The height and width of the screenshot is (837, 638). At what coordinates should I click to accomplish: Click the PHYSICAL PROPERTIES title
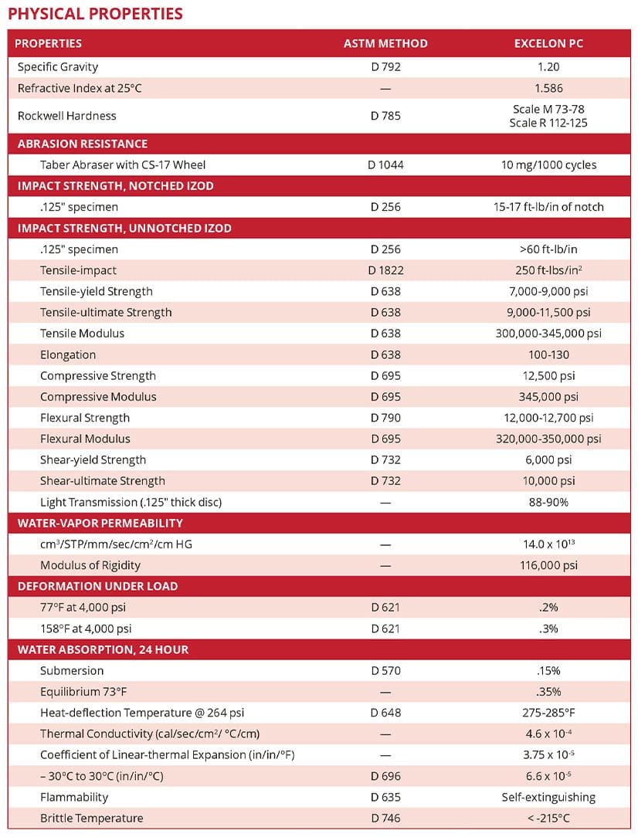(x=96, y=14)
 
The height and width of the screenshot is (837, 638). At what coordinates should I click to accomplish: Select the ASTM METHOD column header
(x=385, y=43)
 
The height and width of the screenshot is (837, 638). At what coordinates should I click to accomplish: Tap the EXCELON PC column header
(x=548, y=43)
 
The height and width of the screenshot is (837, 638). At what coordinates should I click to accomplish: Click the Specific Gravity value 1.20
(x=548, y=67)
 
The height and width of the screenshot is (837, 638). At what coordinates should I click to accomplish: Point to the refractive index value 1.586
(x=548, y=88)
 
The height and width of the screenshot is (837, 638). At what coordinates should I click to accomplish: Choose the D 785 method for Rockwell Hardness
(x=385, y=116)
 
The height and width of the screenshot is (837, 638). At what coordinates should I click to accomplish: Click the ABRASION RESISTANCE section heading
(x=83, y=144)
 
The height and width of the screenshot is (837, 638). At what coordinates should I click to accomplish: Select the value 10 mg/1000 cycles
(x=548, y=164)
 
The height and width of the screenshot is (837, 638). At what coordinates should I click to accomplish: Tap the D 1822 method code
(x=385, y=270)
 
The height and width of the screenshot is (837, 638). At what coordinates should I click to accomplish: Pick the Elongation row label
(x=68, y=355)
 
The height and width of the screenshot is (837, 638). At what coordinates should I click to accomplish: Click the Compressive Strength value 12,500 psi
(x=548, y=376)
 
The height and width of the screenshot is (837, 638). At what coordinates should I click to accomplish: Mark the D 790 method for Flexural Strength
(x=385, y=418)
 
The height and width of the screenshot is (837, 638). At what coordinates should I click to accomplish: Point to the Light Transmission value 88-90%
(x=548, y=502)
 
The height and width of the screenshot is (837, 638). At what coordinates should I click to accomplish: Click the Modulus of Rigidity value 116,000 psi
(x=548, y=565)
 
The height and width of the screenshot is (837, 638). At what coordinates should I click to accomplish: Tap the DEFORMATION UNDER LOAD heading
(x=97, y=586)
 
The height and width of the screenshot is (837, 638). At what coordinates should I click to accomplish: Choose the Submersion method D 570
(x=385, y=670)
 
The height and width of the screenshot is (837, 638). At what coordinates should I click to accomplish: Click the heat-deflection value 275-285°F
(x=548, y=713)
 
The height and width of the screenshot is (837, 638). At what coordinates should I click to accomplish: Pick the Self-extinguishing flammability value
(x=548, y=797)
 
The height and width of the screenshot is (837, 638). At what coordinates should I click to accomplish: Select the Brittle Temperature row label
(x=92, y=818)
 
